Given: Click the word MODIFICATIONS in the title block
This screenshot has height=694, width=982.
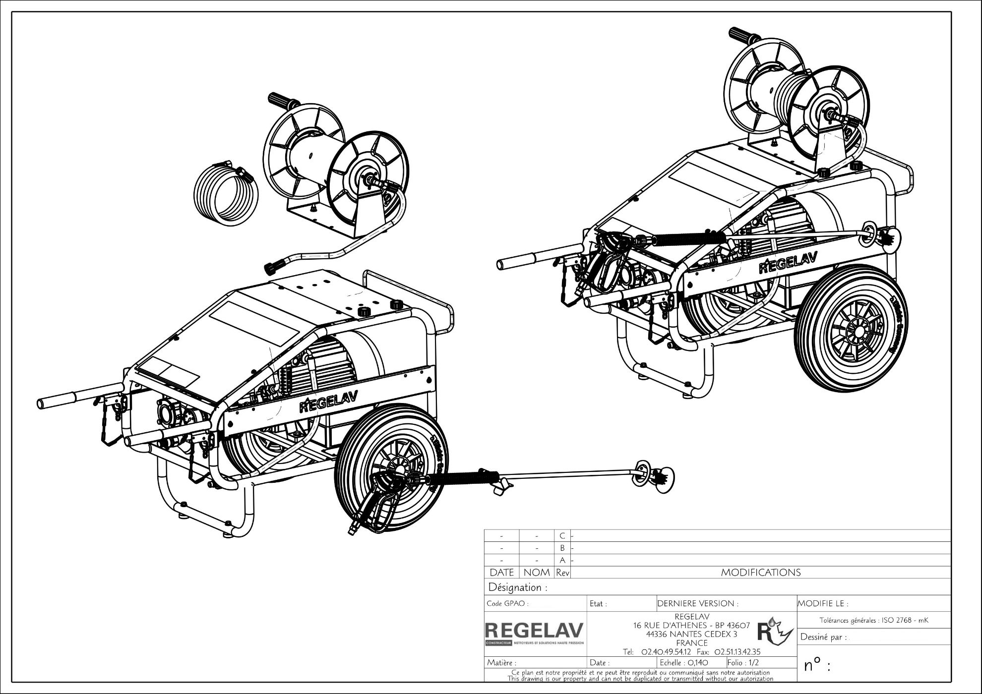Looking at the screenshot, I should [760, 573].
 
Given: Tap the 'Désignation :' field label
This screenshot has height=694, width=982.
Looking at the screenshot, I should [518, 587].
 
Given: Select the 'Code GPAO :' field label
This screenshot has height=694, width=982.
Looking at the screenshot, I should [507, 604].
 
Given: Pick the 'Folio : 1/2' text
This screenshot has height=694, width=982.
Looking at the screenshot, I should [743, 662].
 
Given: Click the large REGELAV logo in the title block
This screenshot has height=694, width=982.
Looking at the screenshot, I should [534, 631].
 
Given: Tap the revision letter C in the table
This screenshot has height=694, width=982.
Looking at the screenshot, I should [562, 536].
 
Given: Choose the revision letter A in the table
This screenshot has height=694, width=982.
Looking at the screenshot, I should [562, 560].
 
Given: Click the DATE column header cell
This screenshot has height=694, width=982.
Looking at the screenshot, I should [501, 573].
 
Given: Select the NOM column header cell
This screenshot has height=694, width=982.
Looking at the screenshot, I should [537, 573].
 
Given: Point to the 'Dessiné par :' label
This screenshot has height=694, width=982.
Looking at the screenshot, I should [823, 637].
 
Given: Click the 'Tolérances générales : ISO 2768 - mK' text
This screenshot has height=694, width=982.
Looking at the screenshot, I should [873, 620].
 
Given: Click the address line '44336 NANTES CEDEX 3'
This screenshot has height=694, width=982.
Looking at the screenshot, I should [691, 634].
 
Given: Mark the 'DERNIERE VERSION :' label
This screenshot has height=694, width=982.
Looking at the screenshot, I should [697, 604].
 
